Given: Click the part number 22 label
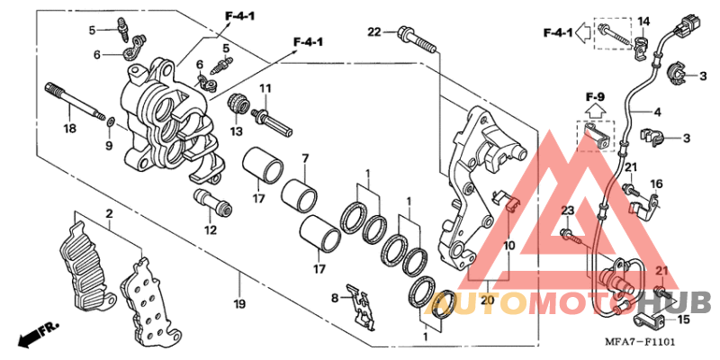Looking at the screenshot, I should click(374, 32).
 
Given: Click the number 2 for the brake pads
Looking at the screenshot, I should click(108, 213).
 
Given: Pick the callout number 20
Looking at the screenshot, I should click(486, 300).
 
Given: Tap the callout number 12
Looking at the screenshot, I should click(211, 229).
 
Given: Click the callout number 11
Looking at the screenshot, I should click(265, 87).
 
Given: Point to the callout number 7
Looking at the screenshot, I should click(304, 158).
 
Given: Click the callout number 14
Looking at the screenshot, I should click(643, 21).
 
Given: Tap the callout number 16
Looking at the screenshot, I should click(657, 184).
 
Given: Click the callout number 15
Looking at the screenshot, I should click(683, 319).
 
